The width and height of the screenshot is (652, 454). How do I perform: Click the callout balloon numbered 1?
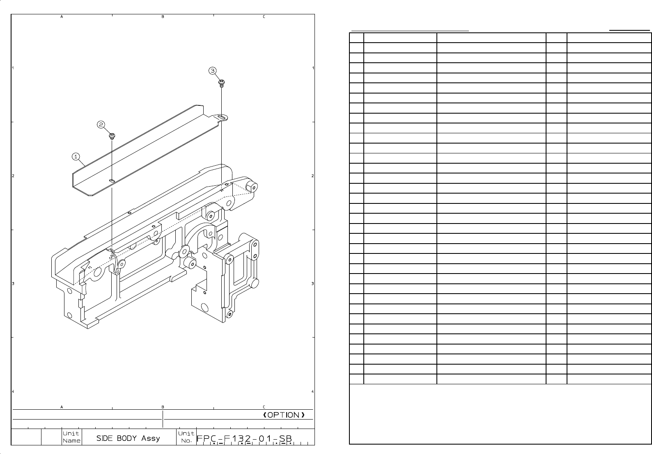pos(76,156)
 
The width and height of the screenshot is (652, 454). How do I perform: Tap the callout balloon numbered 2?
pos(101,124)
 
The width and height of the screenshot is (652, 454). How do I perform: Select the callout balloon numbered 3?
pos(212,71)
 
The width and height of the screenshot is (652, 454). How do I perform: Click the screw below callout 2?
pos(111,135)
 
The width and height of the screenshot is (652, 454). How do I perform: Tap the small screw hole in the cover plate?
pos(112,180)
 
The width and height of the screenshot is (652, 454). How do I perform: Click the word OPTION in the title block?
pos(284,415)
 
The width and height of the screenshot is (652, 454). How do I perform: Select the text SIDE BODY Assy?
pos(128,438)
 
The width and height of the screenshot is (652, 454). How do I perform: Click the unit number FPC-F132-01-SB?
pos(245,438)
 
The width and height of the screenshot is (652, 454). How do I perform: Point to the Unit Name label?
pos(71,437)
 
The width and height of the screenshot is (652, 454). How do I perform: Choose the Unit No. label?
pos(186,437)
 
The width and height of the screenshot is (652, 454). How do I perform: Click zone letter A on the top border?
pos(62,17)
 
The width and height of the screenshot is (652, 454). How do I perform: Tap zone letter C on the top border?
pos(264,17)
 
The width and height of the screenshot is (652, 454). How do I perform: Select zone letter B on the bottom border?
pos(163,407)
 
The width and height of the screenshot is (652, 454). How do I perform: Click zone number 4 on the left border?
pos(13,392)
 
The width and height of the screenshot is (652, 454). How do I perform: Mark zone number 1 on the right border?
pos(313,68)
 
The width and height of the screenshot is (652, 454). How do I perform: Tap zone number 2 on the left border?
pos(13,176)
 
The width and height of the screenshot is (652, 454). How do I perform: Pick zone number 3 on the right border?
pos(313,284)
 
